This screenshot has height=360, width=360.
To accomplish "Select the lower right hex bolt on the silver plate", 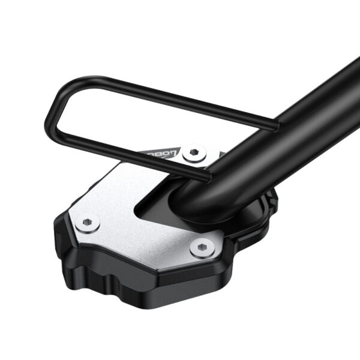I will coord(201,248).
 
